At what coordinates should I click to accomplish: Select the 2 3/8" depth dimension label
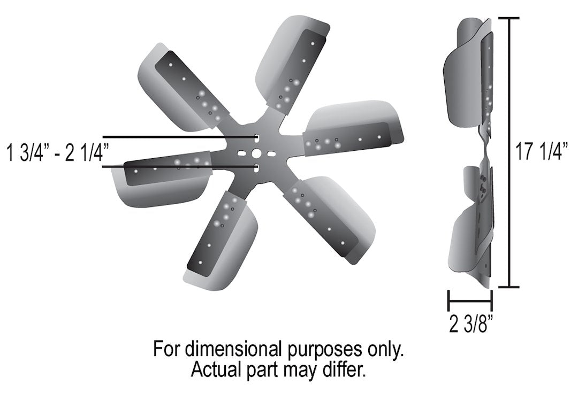470,323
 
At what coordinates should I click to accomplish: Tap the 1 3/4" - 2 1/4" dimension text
55,153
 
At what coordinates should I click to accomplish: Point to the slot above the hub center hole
257,138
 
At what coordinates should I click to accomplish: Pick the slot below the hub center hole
257,168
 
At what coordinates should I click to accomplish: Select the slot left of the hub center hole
242,154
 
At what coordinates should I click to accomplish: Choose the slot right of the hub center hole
271,154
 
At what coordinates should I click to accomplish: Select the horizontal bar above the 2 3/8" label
470,298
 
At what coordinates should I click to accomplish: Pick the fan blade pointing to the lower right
332,217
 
